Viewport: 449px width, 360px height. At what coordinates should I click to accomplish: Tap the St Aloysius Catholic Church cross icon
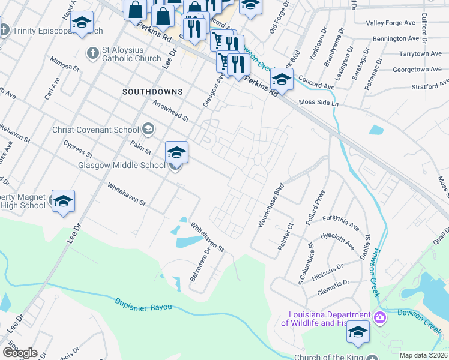[x=92, y=53]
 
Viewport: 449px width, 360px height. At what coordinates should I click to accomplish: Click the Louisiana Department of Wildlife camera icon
[x=380, y=317]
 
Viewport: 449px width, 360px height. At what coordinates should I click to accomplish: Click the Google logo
[x=20, y=352]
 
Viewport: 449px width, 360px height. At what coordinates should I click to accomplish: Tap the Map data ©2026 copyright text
[x=424, y=355]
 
